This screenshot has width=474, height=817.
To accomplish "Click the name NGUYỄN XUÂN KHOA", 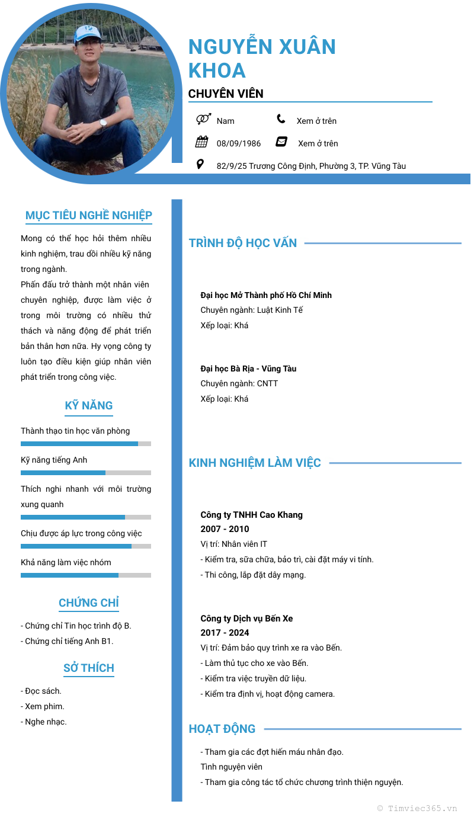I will (262, 58).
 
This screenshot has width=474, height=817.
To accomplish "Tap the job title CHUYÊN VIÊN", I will (226, 94).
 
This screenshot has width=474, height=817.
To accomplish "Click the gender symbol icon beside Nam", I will (203, 120).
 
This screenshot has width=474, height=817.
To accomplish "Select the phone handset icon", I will (281, 119).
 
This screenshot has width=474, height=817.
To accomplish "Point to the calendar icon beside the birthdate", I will (201, 142).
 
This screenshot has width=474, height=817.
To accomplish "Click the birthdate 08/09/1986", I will (239, 143).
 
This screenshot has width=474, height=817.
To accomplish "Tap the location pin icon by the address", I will (200, 164).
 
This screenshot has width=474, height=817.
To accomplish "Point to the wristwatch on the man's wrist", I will (103, 123).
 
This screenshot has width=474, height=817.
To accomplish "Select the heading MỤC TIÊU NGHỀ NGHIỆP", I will (89, 215).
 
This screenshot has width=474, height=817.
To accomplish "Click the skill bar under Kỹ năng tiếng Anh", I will (86, 473).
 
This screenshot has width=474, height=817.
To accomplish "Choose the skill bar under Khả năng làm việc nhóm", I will (86, 575).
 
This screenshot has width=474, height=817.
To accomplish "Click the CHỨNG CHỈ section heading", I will (89, 603).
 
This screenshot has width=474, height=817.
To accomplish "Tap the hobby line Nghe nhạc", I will (44, 722).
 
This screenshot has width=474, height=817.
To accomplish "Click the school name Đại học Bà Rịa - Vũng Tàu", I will (248, 369).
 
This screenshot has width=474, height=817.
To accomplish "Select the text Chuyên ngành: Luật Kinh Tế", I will (252, 310).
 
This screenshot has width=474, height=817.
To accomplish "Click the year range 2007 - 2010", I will (225, 529).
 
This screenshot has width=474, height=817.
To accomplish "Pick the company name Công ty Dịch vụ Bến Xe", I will (246, 619).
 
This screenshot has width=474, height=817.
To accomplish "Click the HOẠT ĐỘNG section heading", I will (222, 729).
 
